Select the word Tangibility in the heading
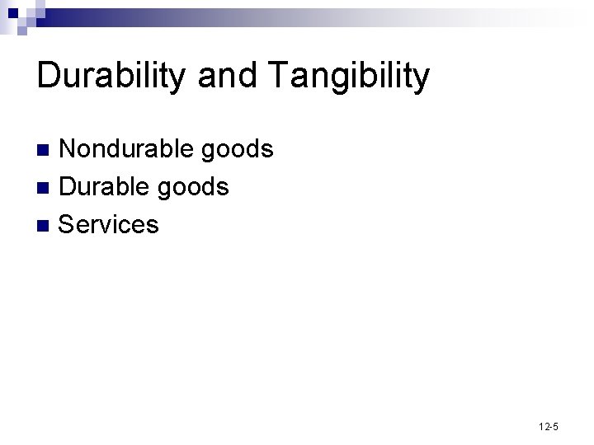[349, 76]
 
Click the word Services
[109, 224]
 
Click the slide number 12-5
[549, 426]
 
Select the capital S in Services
[68, 224]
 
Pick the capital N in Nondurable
[69, 149]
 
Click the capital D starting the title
[48, 76]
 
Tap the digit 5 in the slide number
[555, 426]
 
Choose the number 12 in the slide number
[543, 426]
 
